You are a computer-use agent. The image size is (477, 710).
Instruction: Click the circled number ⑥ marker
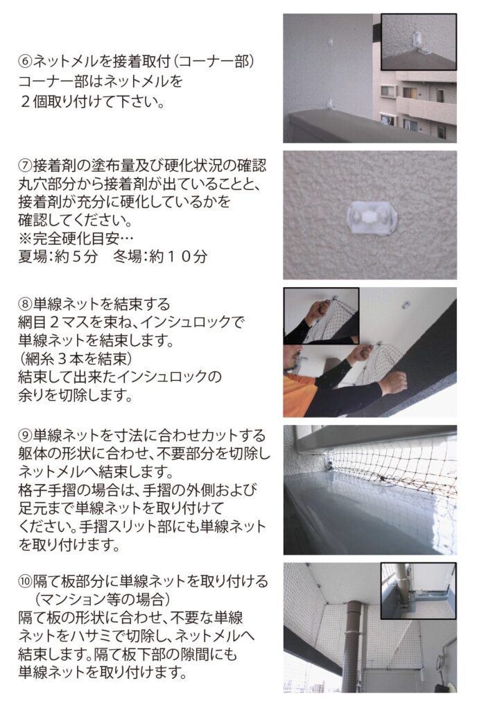coord(25,62)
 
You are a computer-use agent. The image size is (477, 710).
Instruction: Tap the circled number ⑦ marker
coord(25,165)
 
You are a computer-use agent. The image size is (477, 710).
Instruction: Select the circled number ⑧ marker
coord(25,304)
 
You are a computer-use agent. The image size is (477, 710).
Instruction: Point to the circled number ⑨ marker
coord(25,435)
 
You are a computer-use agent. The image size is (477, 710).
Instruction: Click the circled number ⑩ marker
coord(25,581)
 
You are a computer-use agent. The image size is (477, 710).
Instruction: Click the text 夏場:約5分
coord(58,257)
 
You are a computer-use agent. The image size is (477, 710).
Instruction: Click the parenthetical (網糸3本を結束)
coord(75,358)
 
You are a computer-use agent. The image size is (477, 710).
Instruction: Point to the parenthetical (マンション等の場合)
coord(103,600)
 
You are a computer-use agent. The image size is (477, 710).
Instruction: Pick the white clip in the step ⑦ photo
coord(371,217)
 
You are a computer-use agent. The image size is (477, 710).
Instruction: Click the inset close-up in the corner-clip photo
coord(419,42)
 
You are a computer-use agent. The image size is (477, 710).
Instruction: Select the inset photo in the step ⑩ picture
coord(418,591)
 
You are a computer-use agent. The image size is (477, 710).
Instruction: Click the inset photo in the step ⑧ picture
coord(321,315)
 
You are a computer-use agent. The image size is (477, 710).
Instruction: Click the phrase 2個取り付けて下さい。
coord(92,101)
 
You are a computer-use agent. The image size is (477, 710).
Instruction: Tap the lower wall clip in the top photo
coord(330,104)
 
